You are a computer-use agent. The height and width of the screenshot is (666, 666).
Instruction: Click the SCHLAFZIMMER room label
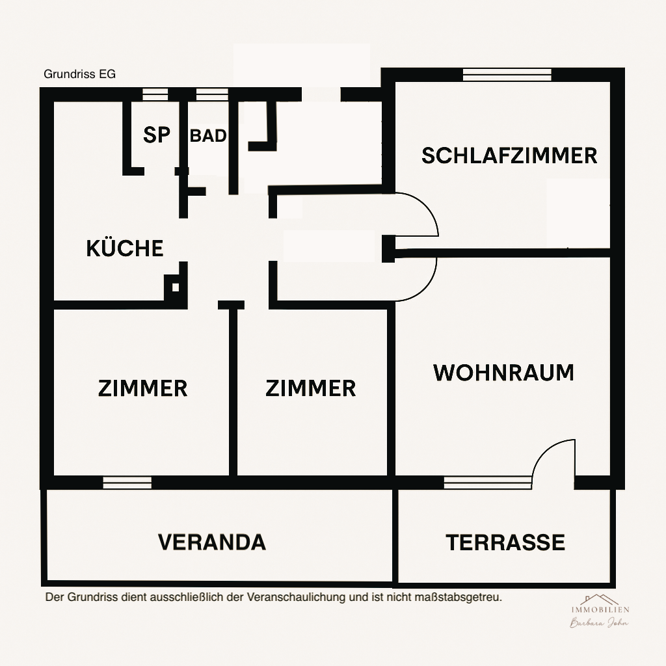509,156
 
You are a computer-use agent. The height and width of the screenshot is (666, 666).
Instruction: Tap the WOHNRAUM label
504,373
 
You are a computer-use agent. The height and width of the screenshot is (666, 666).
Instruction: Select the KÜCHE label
124,248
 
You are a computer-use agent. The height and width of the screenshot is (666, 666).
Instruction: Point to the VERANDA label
212,542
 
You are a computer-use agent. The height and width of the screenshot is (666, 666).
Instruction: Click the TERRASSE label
505,542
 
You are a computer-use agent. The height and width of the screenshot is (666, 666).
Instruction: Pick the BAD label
208,136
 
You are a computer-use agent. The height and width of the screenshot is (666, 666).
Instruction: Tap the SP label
156,135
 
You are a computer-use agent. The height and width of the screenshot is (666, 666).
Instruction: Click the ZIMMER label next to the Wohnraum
311,388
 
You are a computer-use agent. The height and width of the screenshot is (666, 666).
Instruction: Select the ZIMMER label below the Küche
142,388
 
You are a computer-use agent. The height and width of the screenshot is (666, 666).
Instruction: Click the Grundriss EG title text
79,74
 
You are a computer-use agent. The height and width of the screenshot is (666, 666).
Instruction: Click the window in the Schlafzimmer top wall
507,74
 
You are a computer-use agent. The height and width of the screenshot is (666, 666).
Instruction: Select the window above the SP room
155,94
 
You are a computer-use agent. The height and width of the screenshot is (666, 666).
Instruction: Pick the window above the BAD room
212,94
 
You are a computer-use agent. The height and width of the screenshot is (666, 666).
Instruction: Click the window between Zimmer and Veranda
127,483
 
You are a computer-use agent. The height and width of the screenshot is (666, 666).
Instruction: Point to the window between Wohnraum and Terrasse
488,483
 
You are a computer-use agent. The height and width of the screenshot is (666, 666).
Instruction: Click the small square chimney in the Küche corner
174,286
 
